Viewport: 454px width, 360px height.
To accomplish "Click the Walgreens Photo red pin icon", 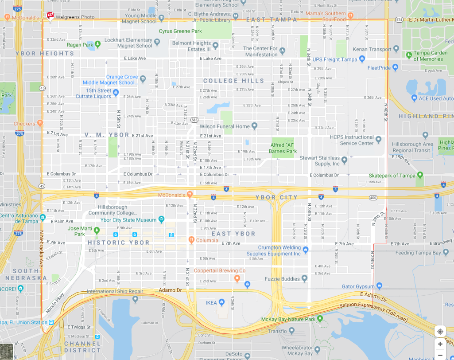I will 50,17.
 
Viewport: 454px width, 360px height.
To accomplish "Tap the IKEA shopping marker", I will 221,303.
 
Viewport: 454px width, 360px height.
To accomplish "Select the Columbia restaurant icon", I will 191,240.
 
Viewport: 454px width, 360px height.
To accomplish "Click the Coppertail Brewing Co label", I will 219,270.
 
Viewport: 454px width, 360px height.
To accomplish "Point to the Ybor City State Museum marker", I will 161,220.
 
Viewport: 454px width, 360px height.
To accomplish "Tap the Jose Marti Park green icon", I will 97,230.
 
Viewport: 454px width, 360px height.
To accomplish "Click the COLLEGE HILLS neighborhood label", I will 233,81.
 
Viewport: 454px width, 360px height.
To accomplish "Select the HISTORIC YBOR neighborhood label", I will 119,243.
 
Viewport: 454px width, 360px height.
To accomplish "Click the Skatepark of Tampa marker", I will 419,176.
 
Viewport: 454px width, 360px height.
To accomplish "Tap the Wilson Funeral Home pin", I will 254,126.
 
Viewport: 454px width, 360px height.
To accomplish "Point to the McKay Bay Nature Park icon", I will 320,319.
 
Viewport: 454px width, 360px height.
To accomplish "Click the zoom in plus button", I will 440,344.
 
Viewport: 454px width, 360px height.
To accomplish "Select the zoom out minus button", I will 440,355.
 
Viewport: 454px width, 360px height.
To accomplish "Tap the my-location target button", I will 440,331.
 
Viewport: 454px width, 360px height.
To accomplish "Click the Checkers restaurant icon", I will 40,123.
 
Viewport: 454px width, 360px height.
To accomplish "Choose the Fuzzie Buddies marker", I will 304,278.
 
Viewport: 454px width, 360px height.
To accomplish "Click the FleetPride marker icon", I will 395,68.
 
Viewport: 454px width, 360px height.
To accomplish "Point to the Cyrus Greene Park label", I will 180,31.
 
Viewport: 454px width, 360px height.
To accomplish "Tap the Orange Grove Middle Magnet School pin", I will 143,79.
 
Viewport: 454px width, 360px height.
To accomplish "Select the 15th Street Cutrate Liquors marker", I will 116,93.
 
